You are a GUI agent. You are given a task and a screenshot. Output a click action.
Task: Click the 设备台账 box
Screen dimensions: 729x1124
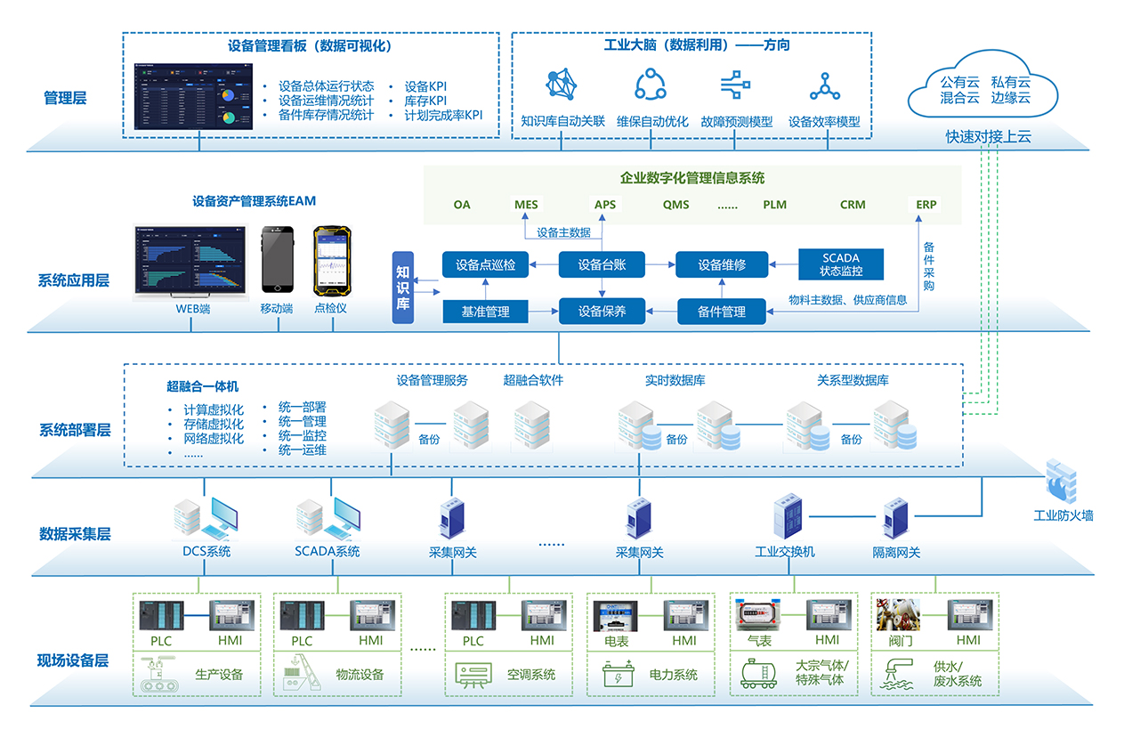click(x=602, y=264)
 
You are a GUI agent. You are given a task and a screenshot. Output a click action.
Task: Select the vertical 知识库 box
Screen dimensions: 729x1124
click(x=403, y=287)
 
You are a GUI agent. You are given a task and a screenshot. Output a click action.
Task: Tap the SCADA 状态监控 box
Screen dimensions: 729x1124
click(x=841, y=264)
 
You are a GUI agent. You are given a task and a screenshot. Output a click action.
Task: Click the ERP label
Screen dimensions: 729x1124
click(x=926, y=205)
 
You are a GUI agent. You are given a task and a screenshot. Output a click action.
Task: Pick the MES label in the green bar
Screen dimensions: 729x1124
click(x=526, y=205)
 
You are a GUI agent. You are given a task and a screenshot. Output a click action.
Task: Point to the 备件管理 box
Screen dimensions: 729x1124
click(x=722, y=312)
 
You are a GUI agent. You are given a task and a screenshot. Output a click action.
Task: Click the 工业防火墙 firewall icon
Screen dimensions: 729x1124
click(x=1062, y=483)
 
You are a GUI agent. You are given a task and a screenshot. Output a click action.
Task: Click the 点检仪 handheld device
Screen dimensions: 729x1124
click(x=330, y=261)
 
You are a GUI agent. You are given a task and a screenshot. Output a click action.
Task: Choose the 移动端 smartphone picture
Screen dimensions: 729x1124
click(x=276, y=260)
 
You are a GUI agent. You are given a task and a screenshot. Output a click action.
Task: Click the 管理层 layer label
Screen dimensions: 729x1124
click(x=65, y=98)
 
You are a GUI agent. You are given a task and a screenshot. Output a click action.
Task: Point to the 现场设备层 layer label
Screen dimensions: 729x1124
click(x=73, y=660)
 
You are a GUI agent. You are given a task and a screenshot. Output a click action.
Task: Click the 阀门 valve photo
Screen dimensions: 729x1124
click(x=898, y=615)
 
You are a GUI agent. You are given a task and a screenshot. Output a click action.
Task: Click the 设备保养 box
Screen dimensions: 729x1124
click(x=602, y=312)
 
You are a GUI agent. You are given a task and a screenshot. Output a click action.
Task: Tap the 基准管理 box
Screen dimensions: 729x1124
click(x=485, y=312)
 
